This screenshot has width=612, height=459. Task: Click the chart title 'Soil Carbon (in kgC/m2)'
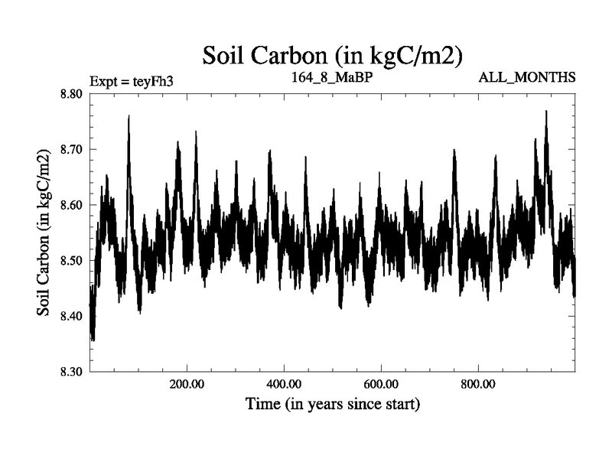pos(332,56)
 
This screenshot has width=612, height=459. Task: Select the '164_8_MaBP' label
pos(331,77)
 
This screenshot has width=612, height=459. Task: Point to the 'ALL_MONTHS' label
pos(527,77)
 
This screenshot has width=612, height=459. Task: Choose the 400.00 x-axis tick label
pos(284,383)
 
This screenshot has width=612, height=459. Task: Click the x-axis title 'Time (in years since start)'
pos(332,403)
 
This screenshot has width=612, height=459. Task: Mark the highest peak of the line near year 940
pos(546,112)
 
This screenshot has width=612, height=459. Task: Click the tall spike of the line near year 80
pos(129,116)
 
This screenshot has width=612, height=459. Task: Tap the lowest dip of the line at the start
pos(93,339)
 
